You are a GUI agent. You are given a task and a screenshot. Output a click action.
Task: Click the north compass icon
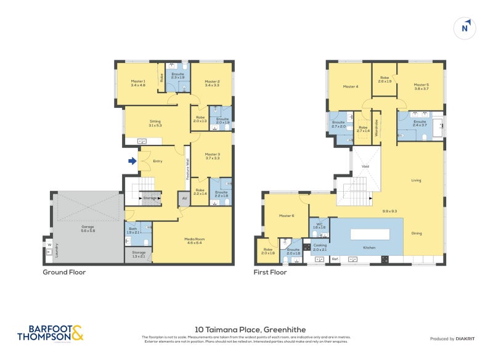tap(466, 28)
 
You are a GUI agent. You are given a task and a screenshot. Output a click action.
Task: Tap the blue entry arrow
tap(132, 162)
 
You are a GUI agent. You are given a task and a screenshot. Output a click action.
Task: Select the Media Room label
tap(194, 240)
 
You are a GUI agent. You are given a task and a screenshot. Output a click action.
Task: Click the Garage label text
tap(88, 228)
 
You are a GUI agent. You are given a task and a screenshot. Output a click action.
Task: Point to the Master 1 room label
tap(138, 83)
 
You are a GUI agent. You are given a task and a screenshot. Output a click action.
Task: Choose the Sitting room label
tap(155, 123)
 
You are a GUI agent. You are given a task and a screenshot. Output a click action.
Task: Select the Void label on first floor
tap(365, 166)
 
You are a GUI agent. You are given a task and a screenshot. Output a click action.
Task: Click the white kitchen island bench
tap(370, 234)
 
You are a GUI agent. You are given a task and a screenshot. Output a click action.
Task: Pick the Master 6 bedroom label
tap(285, 215)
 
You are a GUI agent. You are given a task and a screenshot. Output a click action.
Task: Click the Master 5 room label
tap(421, 86)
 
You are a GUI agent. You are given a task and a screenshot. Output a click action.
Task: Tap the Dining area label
tap(417, 233)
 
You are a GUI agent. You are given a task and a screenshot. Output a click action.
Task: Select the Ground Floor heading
tap(64, 272)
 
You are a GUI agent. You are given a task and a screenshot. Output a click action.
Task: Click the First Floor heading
tap(271, 272)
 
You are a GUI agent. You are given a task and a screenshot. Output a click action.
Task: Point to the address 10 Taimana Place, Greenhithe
tap(246, 330)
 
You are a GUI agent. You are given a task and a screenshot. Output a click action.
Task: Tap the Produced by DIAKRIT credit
tap(454, 339)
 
